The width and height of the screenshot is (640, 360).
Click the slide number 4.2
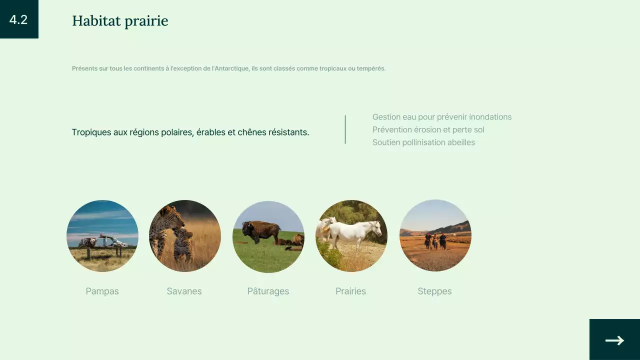18,19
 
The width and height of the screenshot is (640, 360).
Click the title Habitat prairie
120,21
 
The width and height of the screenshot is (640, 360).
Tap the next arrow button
614,340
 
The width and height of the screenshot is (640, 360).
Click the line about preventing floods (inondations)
441,117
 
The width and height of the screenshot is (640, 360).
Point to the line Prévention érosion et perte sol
428,129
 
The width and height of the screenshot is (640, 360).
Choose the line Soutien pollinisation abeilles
423,142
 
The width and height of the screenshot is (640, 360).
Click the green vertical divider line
345,129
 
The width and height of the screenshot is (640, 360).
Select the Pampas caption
102,291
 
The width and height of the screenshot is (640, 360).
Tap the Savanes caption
184,291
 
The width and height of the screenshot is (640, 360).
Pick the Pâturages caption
268,291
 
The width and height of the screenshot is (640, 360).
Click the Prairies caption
350,291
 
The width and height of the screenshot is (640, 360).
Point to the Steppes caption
434,291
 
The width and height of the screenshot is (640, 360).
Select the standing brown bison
260,231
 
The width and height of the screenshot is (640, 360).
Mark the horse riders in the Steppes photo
435,240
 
